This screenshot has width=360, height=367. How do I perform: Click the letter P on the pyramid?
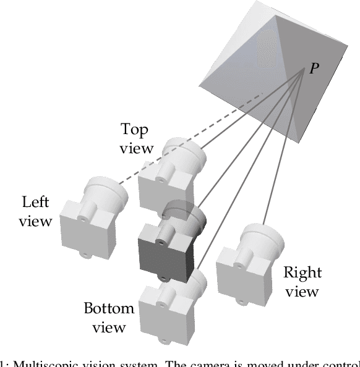tap(315, 68)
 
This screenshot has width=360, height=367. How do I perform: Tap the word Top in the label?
tap(135, 129)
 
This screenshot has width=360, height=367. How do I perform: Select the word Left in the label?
tap(35, 202)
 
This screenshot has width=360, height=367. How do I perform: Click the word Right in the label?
tap(302, 272)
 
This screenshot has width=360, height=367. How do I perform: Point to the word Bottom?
tap(109, 308)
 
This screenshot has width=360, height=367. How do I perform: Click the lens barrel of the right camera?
tap(264, 238)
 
